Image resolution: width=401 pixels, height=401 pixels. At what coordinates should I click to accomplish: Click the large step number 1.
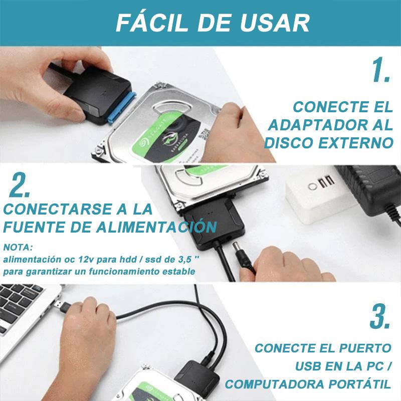(381, 70)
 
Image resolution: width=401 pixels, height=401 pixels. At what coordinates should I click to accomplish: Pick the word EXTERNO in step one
(356, 143)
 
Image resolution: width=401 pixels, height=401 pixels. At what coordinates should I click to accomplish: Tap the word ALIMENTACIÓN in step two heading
(156, 227)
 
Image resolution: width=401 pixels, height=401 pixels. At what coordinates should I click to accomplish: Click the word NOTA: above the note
(18, 247)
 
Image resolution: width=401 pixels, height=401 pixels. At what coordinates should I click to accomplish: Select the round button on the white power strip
(312, 186)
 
